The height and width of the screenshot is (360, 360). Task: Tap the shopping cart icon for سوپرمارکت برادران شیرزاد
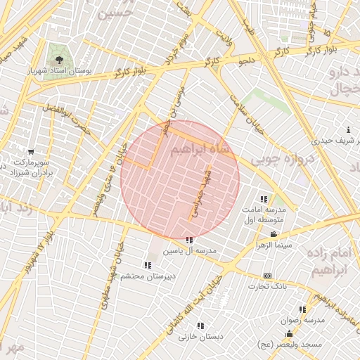[30, 152]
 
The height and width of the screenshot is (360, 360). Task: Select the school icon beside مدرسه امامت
[264, 200]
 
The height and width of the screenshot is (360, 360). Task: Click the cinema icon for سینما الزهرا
[273, 234]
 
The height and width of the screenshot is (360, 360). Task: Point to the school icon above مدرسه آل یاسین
[189, 240]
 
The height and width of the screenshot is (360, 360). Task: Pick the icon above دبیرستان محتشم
[147, 265]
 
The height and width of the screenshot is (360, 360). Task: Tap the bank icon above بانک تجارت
[267, 276]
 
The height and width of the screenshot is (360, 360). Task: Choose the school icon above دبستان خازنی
[200, 326]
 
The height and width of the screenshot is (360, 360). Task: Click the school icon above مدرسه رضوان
[302, 309]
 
